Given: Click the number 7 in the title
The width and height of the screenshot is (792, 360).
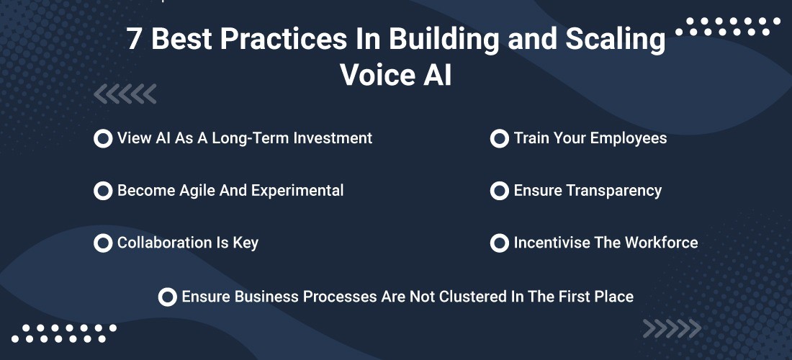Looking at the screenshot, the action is coord(134,39).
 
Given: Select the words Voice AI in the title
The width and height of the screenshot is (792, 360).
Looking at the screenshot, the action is coord(396,75).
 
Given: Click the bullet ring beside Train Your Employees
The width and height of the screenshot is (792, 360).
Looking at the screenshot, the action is coord(499,138).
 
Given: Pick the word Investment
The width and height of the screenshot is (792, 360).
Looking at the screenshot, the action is coord(333,138).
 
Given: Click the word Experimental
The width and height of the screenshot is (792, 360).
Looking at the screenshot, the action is coord(297,191).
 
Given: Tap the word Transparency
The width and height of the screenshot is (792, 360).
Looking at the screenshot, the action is coord(613,191).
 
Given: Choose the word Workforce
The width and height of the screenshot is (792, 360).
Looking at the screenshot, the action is coord(662,243).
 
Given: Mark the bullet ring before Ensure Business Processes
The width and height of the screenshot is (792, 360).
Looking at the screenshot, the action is coord(168,297).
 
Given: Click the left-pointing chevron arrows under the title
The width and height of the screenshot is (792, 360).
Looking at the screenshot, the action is coord(125,94).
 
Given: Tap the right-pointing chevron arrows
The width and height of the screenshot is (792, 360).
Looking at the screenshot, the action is coord(672,329).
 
